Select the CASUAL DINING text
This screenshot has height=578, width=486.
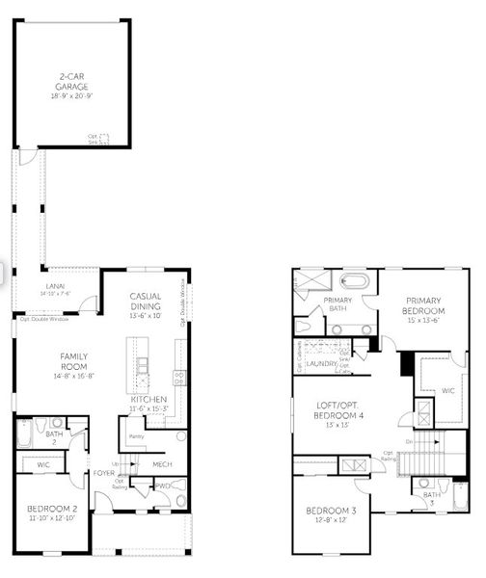147,301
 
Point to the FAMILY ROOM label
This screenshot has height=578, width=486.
73,360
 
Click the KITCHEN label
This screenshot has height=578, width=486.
148,399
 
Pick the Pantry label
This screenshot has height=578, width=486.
136,436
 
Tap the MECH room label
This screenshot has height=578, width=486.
162,464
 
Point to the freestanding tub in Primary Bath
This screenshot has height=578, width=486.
357,283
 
